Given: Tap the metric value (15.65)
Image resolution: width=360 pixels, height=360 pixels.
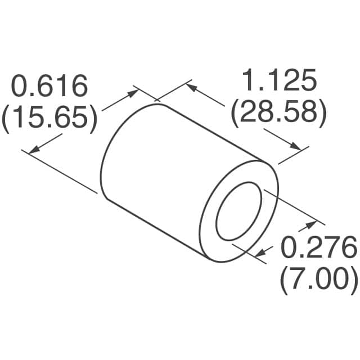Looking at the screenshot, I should click(x=49, y=119).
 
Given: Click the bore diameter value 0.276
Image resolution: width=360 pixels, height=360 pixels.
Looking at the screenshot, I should click(x=318, y=248).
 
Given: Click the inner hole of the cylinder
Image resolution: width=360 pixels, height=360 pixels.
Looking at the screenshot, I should click(x=240, y=211).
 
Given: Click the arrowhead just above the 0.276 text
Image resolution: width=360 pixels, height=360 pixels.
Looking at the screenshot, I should click(x=310, y=226).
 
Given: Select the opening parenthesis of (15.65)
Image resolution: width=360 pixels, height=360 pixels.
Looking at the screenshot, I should click(x=6, y=119).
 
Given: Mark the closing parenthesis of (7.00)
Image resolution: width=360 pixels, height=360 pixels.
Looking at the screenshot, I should click(x=353, y=278).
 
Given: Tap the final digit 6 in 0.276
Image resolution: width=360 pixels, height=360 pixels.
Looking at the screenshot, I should click(x=347, y=248).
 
